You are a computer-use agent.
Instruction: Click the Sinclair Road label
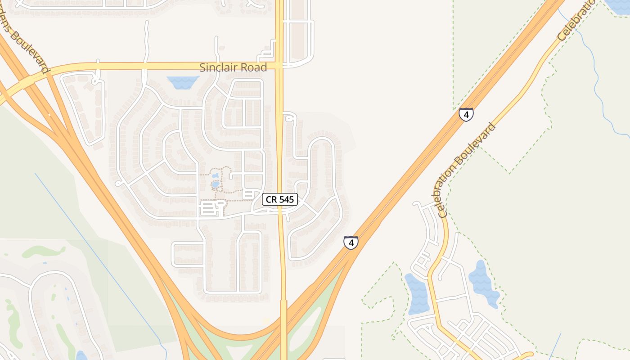(233, 67)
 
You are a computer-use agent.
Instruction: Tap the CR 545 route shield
(280, 199)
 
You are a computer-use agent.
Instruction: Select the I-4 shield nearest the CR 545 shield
(351, 243)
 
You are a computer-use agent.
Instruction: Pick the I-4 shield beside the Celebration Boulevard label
(466, 114)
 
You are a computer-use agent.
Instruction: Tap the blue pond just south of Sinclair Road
(183, 82)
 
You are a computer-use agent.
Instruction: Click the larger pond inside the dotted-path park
(216, 184)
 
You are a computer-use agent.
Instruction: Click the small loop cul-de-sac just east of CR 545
(289, 118)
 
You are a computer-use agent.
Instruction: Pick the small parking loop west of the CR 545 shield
(211, 208)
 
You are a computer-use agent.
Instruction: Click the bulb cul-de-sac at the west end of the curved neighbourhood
(119, 183)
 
